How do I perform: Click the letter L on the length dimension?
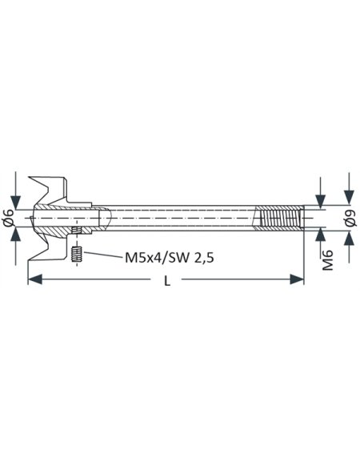[166, 282]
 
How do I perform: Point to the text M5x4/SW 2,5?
[168, 258]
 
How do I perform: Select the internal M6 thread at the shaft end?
[278, 219]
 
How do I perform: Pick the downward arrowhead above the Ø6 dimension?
[17, 203]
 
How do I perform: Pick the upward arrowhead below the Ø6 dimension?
[17, 233]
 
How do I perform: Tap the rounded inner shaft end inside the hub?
[106, 219]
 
